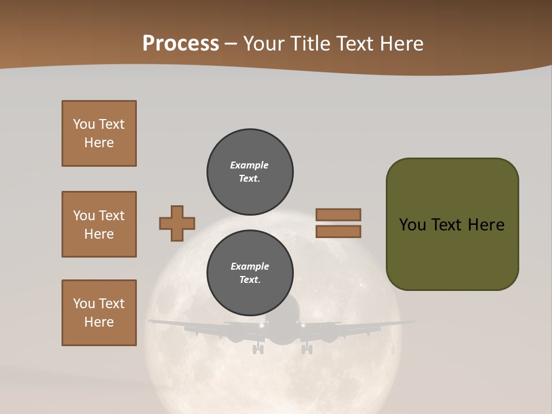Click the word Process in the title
tap(181, 44)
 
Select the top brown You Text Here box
tap(99, 133)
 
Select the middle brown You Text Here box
tap(99, 224)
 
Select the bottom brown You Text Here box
tap(99, 313)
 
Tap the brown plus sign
tap(177, 223)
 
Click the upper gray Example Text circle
tap(250, 172)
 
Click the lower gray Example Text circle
tap(250, 273)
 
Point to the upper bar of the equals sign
tap(339, 214)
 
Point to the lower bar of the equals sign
tap(339, 231)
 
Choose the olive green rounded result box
tap(452, 224)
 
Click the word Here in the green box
tap(486, 225)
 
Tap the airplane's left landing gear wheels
tap(258, 348)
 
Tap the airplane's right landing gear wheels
tap(308, 348)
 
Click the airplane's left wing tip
tap(151, 321)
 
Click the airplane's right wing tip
tap(413, 321)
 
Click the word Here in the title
tap(401, 44)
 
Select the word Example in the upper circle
tap(250, 165)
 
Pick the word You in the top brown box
tap(83, 124)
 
